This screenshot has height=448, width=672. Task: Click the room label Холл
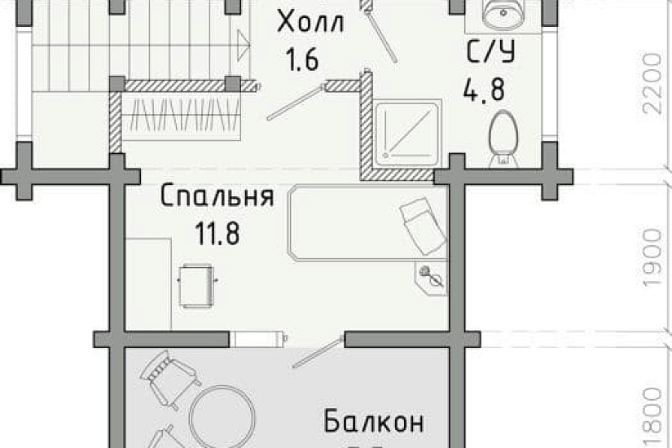click(x=310, y=22)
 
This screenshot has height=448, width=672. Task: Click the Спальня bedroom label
click(x=217, y=198)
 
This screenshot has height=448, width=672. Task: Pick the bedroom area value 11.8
click(x=217, y=235)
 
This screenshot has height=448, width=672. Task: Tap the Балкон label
click(x=374, y=423)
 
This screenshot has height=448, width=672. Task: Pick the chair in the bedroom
click(x=197, y=284)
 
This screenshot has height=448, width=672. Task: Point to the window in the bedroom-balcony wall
click(x=257, y=337)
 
